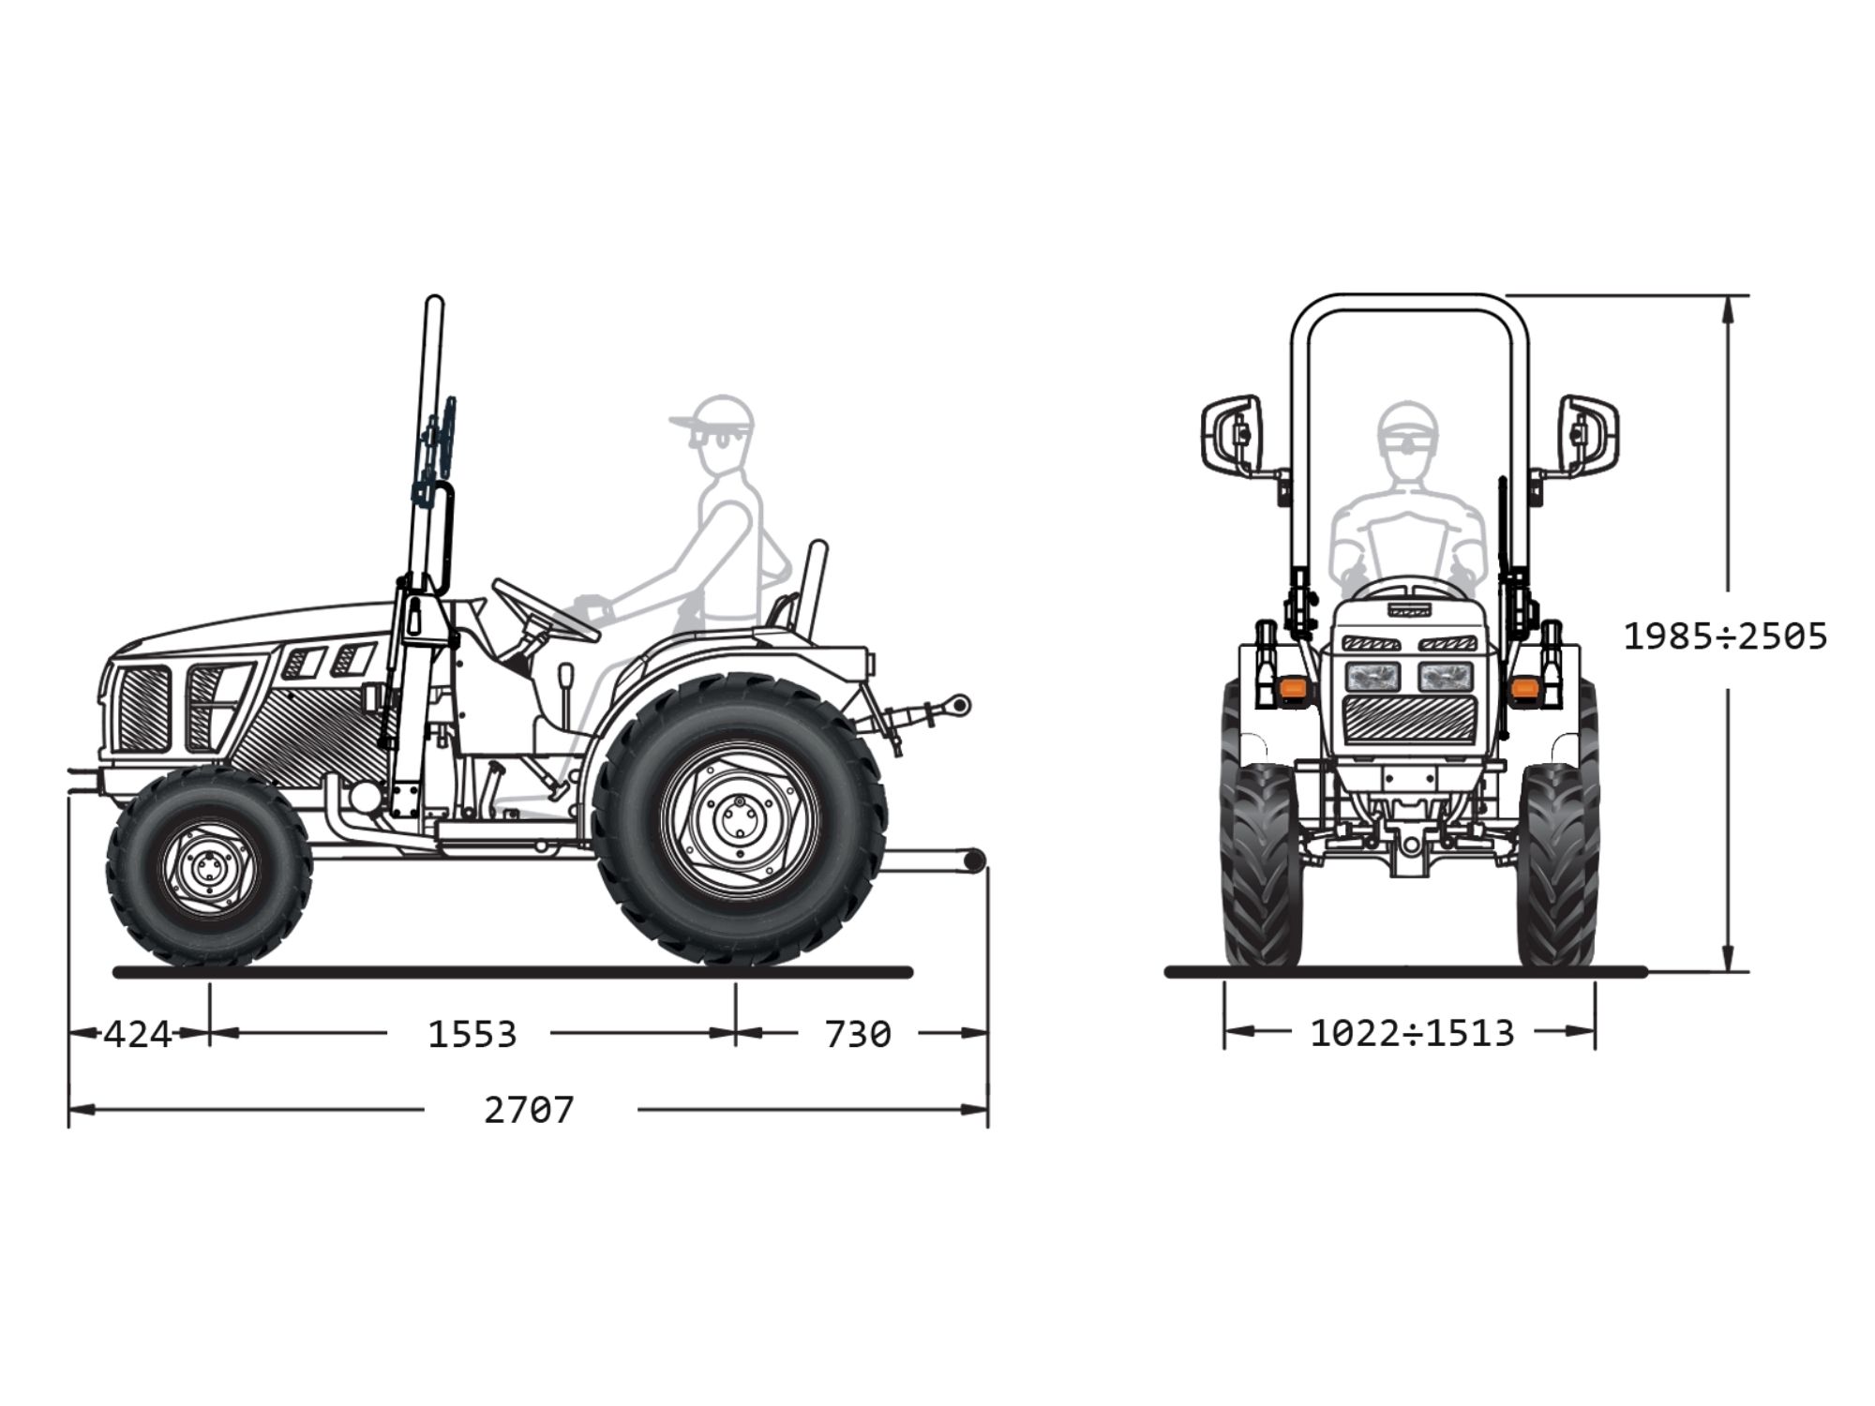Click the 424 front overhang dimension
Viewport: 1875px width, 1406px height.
(137, 1035)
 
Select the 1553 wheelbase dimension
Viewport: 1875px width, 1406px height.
(472, 1035)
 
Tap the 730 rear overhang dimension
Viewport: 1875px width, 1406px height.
(858, 1035)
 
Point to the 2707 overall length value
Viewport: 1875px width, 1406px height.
(529, 1111)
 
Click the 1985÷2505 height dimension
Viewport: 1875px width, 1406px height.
(1725, 637)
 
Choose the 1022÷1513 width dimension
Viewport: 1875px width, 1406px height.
(1412, 1034)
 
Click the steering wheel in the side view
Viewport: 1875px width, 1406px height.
(546, 610)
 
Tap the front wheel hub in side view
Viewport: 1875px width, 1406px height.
(208, 867)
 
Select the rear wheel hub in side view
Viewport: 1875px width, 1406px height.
(740, 818)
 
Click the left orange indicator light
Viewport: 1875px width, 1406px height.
(1293, 688)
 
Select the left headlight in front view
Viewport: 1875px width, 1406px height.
(1373, 676)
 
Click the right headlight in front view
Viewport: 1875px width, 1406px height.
(1445, 676)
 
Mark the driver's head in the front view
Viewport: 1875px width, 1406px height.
(1408, 433)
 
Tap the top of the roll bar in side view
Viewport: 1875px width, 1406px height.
(434, 300)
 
